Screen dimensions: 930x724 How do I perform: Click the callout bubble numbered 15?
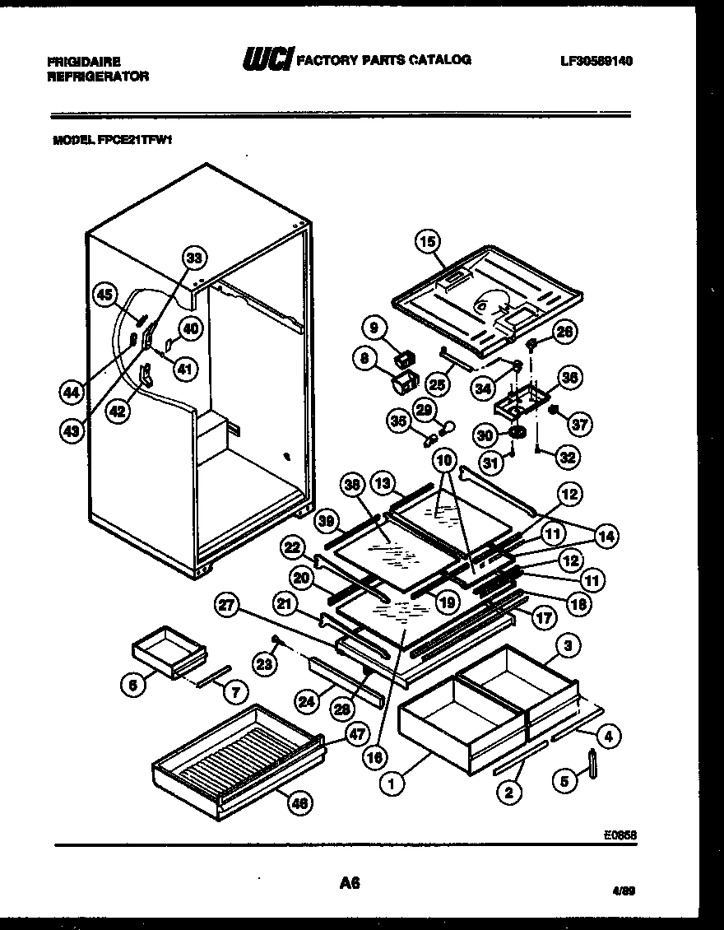(428, 242)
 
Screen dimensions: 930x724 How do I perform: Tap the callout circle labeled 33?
(193, 258)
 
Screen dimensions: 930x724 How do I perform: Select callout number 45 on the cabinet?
(104, 295)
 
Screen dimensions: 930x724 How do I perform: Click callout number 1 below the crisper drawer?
(392, 784)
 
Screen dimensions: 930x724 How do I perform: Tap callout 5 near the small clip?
(564, 783)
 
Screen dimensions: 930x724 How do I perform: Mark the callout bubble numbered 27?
(225, 606)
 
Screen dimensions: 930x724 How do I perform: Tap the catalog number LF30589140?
(596, 61)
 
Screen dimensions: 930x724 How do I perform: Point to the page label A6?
(350, 883)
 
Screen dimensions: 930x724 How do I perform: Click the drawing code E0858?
(621, 833)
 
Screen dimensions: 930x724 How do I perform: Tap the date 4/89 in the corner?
(621, 891)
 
